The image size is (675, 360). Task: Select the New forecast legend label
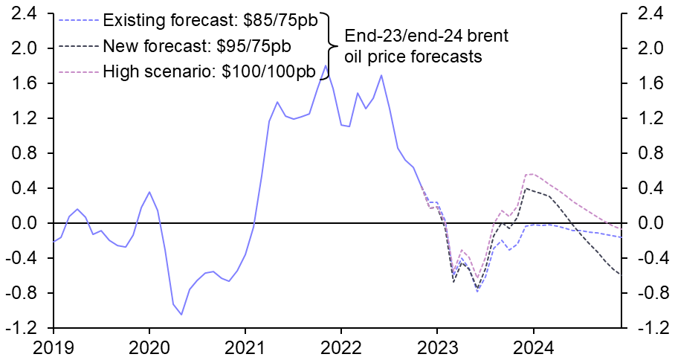197,46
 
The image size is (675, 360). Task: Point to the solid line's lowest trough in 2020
181,315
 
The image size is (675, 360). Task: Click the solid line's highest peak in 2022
381,75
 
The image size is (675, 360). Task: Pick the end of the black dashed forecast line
621,274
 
